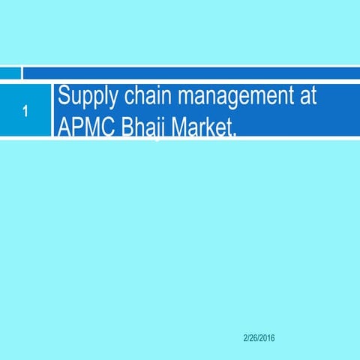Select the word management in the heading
[232, 97]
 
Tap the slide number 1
[25, 113]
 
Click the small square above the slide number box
[10, 73]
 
